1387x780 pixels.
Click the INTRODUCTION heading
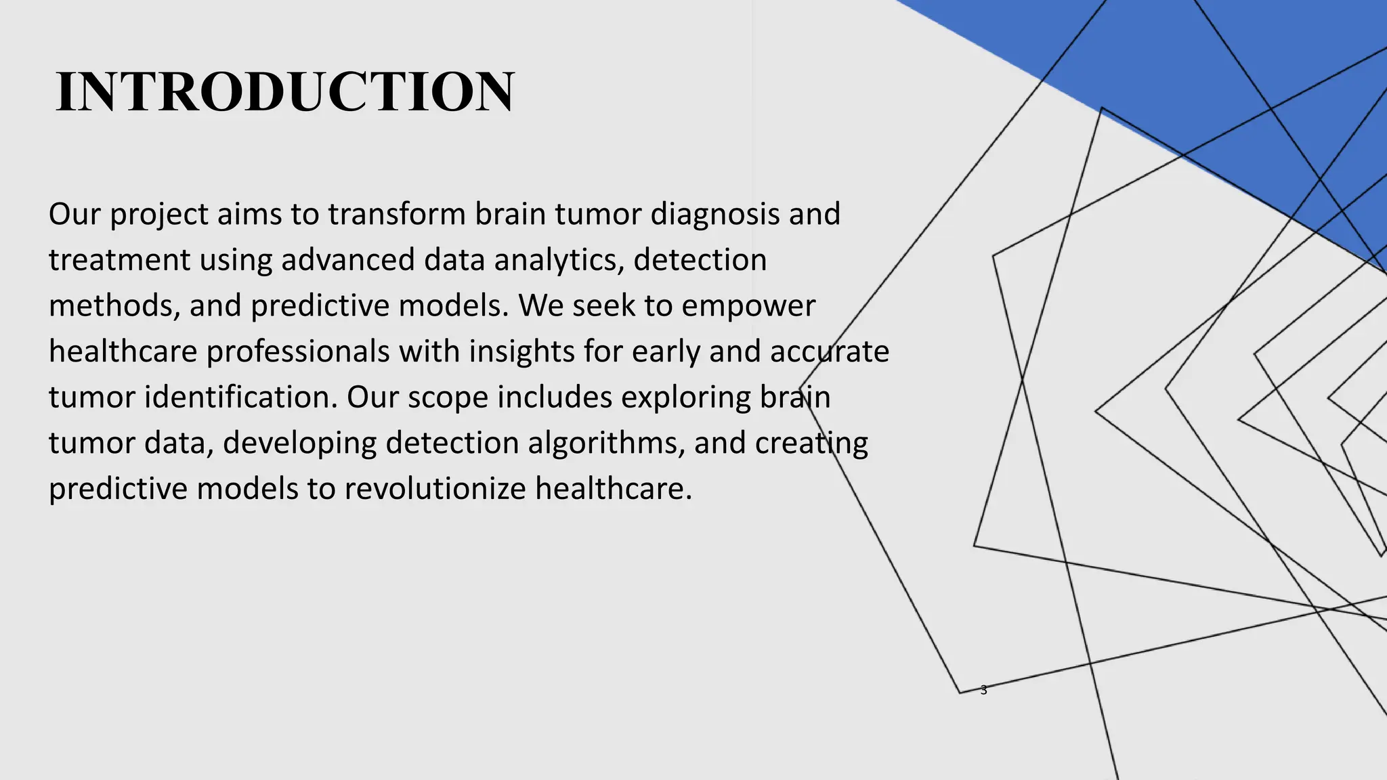pos(284,92)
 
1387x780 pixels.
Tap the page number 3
pos(983,691)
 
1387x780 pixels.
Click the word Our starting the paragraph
pos(74,214)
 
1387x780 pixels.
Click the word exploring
pos(685,397)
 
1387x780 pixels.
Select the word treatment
pos(119,260)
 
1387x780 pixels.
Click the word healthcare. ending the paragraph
pos(614,489)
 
